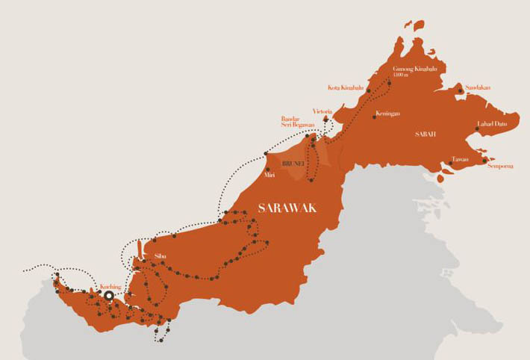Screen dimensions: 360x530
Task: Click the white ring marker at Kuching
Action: [109, 296]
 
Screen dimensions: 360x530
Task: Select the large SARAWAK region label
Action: [287, 208]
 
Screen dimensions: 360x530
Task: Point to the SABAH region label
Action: [425, 134]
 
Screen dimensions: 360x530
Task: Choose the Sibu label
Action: [159, 255]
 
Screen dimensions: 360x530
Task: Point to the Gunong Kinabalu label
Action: [414, 69]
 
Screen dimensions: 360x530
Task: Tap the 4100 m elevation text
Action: [402, 75]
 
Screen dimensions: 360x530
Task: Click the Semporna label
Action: [500, 167]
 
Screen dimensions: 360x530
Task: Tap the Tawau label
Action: [460, 158]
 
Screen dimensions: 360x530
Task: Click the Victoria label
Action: [322, 111]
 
